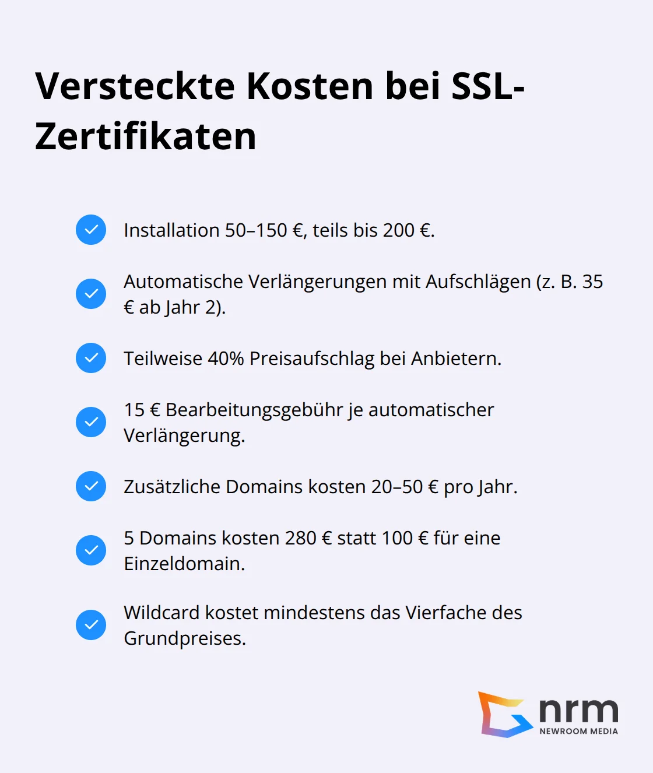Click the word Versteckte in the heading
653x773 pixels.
(135, 86)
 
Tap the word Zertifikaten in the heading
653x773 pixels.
(146, 137)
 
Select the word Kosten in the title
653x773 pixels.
(310, 86)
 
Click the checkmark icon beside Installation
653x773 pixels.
(91, 230)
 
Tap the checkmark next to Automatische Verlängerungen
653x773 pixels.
(91, 294)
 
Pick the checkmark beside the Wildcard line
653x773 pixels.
(91, 625)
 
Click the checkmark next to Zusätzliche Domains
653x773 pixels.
(91, 486)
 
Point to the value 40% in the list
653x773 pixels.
(226, 359)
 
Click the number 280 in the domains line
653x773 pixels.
(300, 538)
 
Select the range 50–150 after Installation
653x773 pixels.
(256, 230)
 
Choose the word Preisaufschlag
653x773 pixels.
(312, 359)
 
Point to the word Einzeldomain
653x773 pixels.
(184, 564)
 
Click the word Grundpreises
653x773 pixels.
(184, 638)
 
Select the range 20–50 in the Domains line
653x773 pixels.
(396, 487)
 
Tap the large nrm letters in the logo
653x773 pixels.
(578, 711)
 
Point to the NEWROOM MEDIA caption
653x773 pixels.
(578, 731)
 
